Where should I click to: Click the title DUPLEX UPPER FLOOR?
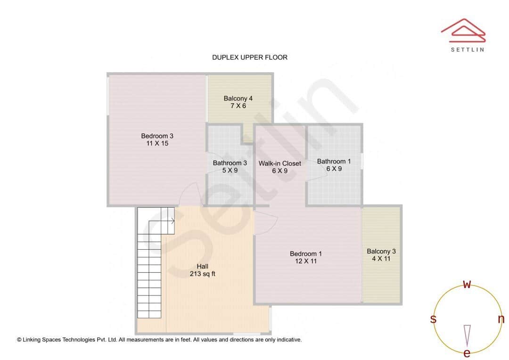tap(249, 57)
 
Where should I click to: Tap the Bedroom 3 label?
tap(157, 136)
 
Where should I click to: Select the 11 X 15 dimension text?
tap(157, 143)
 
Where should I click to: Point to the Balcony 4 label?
tap(238, 98)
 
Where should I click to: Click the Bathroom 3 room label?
tap(230, 164)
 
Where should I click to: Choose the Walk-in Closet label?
tap(279, 164)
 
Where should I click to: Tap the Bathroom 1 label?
tap(334, 162)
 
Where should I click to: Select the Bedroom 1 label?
tap(306, 254)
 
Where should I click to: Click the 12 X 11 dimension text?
tap(306, 261)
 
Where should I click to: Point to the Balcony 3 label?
tap(381, 252)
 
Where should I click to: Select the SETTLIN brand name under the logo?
tap(467, 49)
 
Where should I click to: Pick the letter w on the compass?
tap(467, 284)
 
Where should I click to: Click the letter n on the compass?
tap(501, 319)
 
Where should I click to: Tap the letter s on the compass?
tap(433, 319)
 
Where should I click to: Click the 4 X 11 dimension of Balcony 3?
tap(381, 259)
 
